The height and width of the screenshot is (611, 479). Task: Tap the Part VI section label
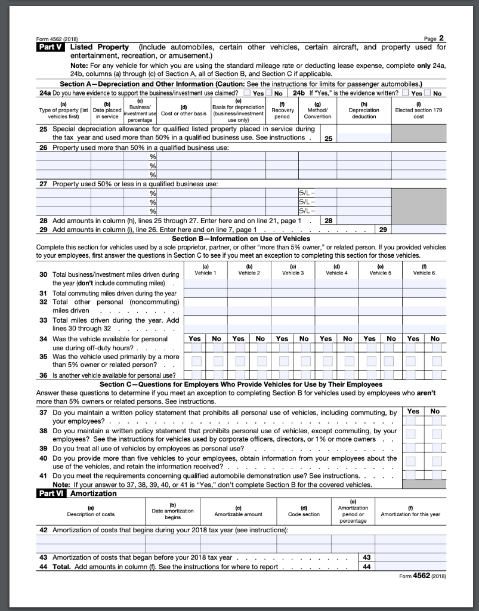(x=52, y=493)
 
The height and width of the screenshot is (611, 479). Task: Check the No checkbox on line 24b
(x=428, y=94)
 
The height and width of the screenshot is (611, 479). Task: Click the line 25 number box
(x=328, y=138)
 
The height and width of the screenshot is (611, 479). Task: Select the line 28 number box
(x=328, y=221)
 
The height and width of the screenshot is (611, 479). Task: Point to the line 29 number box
(x=383, y=229)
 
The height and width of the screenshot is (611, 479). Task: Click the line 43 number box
(x=366, y=557)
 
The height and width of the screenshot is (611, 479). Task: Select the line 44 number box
(x=366, y=566)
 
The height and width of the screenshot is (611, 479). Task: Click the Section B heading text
(x=240, y=239)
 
